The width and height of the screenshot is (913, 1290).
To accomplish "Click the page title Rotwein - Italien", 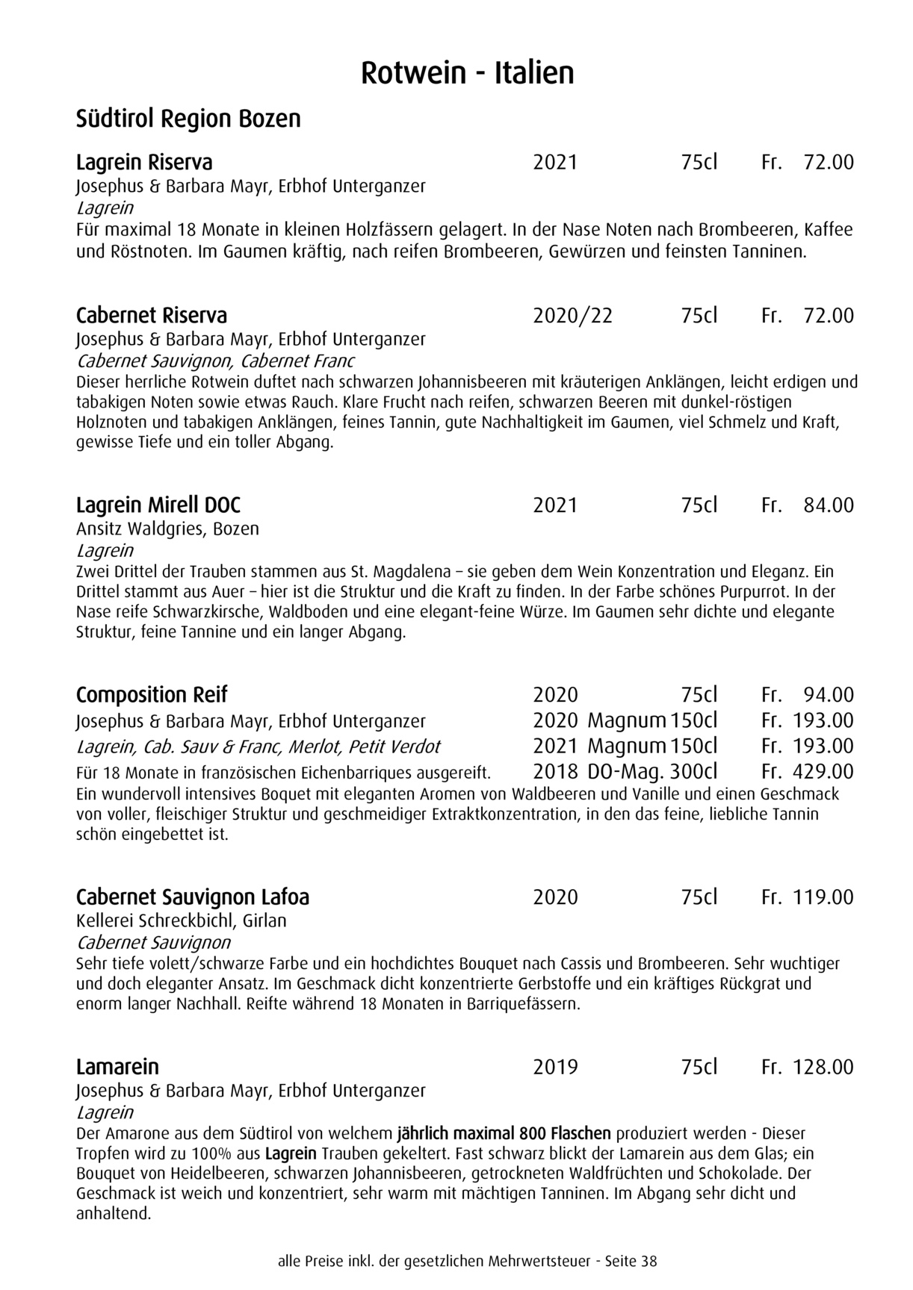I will point(467,74).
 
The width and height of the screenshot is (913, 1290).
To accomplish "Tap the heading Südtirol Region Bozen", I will point(188,119).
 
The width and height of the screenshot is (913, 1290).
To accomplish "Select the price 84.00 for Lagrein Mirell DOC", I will point(828,505).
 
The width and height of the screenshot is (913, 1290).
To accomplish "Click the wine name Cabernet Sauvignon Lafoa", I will point(193,897).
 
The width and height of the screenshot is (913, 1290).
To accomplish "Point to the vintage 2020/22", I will point(572,316).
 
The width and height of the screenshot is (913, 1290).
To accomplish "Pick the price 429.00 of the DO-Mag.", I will point(822,771).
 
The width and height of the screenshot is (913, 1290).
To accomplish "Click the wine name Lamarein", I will point(117,1067).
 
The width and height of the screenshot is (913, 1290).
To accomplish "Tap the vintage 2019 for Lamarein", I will point(555,1067).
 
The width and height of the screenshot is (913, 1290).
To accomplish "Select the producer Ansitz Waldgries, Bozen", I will point(167,529).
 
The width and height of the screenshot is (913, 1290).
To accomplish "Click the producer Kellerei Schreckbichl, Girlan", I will point(182,920).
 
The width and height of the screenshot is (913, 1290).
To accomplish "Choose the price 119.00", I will point(822,897).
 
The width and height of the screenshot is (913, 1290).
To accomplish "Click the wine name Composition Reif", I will point(152,695).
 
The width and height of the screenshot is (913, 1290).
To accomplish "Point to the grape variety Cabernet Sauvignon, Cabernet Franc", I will point(215,361).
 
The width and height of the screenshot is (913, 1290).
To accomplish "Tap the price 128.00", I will point(822,1067).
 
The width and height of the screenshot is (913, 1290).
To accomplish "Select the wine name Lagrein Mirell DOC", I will point(158,505).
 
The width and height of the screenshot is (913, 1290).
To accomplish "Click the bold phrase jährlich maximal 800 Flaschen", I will point(504,1133).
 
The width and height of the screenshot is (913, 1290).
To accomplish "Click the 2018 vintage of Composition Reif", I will point(555,771).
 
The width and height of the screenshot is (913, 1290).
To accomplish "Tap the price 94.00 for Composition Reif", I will point(828,695).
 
